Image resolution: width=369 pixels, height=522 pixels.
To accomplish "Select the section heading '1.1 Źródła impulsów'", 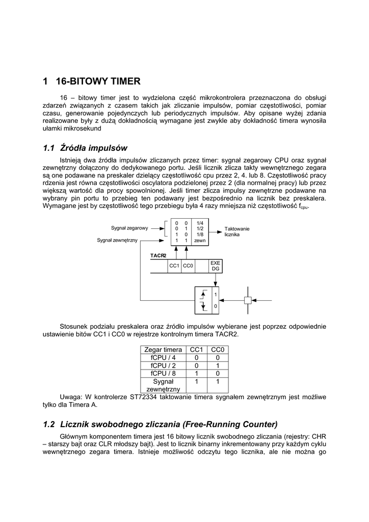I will (85, 148).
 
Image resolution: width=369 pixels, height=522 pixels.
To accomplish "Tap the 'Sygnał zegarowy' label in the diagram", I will (129, 227).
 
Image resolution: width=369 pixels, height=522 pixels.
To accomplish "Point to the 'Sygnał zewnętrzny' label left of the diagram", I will (117, 240).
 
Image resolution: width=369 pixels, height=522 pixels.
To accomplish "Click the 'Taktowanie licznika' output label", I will (236, 232).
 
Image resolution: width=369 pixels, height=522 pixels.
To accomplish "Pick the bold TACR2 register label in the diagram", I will (159, 255).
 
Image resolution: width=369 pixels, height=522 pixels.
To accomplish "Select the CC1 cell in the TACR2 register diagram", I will (174, 266).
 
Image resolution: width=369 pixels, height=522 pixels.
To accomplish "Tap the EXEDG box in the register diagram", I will (215, 266).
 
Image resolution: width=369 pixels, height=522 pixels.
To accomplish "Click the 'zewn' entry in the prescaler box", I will (200, 240).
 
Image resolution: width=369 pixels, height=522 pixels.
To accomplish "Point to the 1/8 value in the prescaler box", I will (200, 234).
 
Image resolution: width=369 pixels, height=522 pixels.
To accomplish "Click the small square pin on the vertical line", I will (248, 300).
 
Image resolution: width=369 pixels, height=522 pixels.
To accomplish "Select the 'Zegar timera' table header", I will (163, 350).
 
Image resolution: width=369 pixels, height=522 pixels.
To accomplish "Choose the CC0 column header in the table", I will (218, 350).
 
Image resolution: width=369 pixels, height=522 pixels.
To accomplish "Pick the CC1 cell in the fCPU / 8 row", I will (196, 373).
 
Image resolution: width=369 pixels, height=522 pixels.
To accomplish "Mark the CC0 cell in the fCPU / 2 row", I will (218, 365).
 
